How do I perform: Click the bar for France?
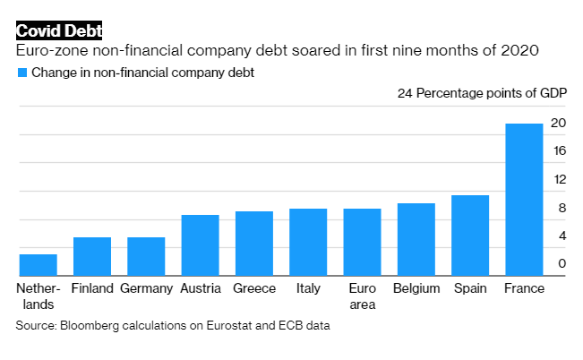click(x=524, y=200)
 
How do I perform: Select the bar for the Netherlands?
click(x=38, y=265)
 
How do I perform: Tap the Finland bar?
click(x=91, y=257)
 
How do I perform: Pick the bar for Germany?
click(x=146, y=257)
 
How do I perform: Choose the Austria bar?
click(x=200, y=245)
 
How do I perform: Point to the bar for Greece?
click(x=253, y=244)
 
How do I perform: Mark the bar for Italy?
click(x=308, y=243)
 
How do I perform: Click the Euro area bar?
click(x=362, y=243)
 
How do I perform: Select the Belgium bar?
click(x=416, y=240)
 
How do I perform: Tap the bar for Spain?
click(x=470, y=236)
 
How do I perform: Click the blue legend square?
click(x=21, y=73)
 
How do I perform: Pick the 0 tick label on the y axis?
click(x=562, y=263)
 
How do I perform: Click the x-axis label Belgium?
click(x=416, y=288)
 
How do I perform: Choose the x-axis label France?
click(x=524, y=288)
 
